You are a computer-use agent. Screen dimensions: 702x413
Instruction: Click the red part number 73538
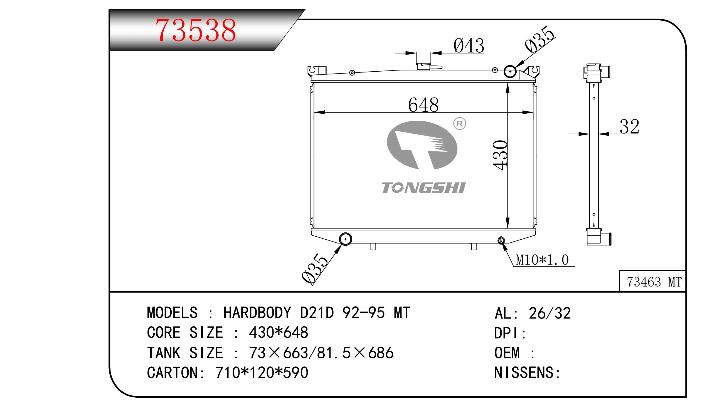tap(196, 30)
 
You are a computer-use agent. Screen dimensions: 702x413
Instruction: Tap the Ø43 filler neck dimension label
tap(469, 45)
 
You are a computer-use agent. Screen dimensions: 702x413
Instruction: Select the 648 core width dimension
tap(423, 105)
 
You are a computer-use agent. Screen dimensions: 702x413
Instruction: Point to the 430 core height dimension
tap(500, 155)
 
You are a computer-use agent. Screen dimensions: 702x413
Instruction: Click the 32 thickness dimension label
tap(629, 127)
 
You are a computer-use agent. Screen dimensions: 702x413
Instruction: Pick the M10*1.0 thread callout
tap(542, 260)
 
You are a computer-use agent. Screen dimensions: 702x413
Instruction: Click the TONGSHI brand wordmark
tap(423, 188)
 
